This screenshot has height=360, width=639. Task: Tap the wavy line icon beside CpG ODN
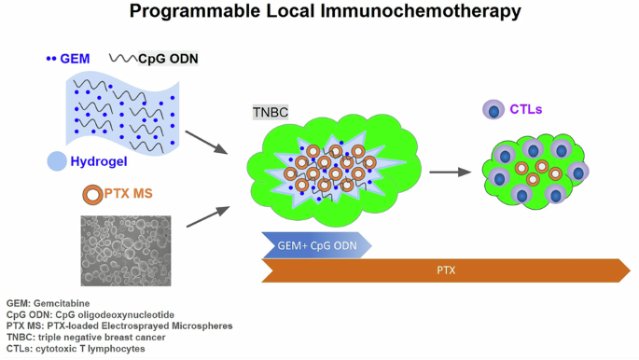click(x=122, y=59)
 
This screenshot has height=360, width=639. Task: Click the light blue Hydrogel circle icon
click(x=57, y=162)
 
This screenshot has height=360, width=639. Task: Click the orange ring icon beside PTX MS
click(x=92, y=195)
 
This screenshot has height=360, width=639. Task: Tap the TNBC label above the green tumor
click(x=271, y=112)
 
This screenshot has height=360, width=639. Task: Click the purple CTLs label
click(x=526, y=109)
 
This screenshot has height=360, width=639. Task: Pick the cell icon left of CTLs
click(x=493, y=110)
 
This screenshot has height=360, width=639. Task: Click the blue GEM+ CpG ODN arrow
click(x=316, y=244)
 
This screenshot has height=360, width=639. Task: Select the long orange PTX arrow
click(x=446, y=270)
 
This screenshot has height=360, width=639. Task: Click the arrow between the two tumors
click(x=450, y=173)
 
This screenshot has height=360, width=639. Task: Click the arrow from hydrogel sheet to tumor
click(x=206, y=142)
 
